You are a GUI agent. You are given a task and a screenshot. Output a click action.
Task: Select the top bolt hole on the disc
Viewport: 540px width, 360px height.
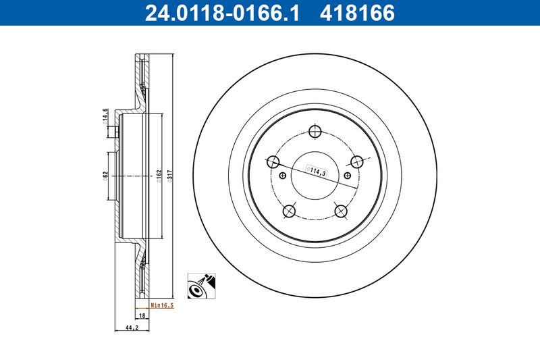coord(315,132)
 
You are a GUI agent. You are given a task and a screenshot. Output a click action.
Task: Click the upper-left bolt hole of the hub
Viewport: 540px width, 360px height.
coord(273,161)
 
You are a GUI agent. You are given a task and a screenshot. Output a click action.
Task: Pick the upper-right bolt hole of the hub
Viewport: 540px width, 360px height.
coord(357,161)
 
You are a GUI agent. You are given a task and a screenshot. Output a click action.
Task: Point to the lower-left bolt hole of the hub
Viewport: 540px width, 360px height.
coord(290,211)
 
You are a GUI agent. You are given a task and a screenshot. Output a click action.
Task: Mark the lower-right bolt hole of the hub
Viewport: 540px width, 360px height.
coord(341,211)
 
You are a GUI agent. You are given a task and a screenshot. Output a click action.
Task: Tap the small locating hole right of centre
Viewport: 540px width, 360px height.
coord(348,176)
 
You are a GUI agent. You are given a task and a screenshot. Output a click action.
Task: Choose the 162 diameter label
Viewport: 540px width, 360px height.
coord(159,175)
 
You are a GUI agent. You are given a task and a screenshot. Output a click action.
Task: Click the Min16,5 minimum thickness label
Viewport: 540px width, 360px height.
coord(161,305)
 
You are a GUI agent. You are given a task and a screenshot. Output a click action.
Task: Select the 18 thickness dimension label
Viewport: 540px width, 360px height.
coord(142,315)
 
